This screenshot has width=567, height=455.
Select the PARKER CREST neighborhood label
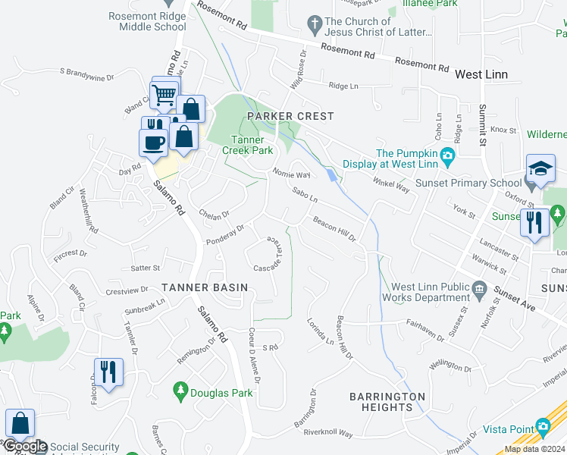click(290, 116)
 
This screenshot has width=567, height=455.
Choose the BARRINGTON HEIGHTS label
click(387, 402)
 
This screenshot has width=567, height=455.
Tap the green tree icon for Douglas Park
click(180, 391)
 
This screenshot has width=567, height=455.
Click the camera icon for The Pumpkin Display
click(449, 157)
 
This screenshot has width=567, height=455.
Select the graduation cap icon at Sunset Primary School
click(541, 170)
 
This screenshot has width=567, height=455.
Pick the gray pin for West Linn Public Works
click(478, 288)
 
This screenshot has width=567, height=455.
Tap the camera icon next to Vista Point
click(544, 428)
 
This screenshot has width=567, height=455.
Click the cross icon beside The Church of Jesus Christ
click(314, 27)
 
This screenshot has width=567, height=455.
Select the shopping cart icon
click(164, 94)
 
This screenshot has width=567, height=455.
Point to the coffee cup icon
click(152, 142)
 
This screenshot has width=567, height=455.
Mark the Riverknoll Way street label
click(328, 434)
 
